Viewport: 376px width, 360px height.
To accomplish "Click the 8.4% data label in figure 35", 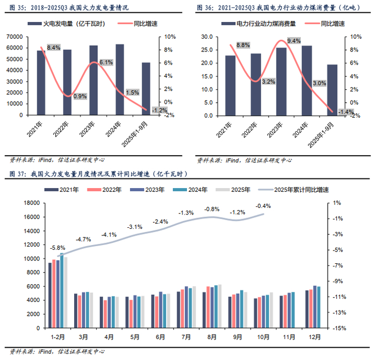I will tap(53, 48).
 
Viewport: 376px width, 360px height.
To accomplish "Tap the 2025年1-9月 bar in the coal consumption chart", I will tap(332, 90).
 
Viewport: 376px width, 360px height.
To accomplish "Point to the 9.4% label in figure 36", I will tap(293, 41).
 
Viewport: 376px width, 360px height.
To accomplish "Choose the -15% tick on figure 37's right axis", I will tap(337, 328).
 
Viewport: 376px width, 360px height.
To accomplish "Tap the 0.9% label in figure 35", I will tap(79, 97).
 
